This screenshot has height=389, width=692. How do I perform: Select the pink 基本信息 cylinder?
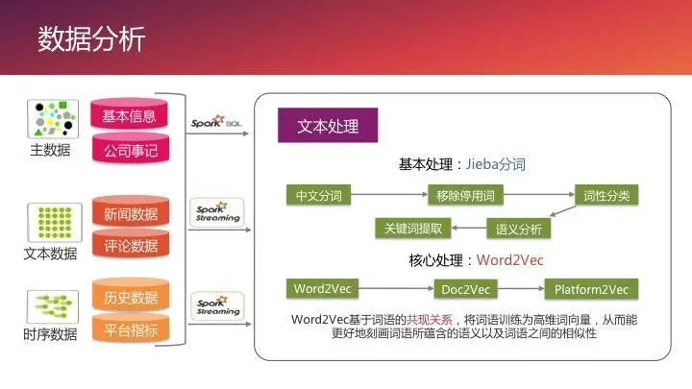(x=130, y=116)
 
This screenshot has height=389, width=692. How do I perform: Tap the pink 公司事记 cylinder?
(x=130, y=149)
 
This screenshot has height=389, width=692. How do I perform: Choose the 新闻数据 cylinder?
(x=131, y=214)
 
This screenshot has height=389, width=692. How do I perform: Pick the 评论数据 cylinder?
(x=131, y=246)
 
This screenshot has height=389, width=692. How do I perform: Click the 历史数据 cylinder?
(x=131, y=298)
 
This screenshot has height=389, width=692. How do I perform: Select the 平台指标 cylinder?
(x=131, y=330)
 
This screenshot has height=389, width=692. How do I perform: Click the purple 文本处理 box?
(x=327, y=127)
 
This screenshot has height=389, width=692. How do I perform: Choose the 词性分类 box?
(x=606, y=196)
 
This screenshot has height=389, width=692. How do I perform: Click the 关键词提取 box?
(x=413, y=229)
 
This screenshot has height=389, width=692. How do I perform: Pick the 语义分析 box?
(x=519, y=229)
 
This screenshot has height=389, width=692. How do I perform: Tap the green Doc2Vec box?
(x=465, y=288)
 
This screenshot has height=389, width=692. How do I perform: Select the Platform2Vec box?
(x=592, y=288)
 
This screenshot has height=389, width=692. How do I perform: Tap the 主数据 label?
(x=50, y=150)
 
